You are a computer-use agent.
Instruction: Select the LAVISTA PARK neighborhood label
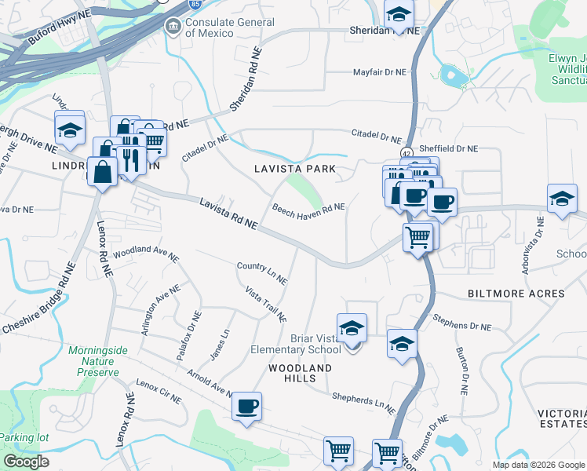point(294,169)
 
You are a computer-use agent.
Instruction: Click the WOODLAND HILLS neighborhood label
point(300,374)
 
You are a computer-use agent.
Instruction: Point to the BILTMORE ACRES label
point(516,294)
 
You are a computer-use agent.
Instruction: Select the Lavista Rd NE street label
point(228,214)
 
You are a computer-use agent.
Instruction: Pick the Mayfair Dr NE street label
point(379,71)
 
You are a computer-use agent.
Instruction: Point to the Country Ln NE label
point(262,272)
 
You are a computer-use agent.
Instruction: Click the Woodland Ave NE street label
point(145,254)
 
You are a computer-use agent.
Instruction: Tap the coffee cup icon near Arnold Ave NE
point(247,407)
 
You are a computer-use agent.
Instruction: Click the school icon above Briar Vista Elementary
point(352,328)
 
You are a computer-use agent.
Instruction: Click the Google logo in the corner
point(26,462)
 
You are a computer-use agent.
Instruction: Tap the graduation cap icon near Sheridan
point(399,13)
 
